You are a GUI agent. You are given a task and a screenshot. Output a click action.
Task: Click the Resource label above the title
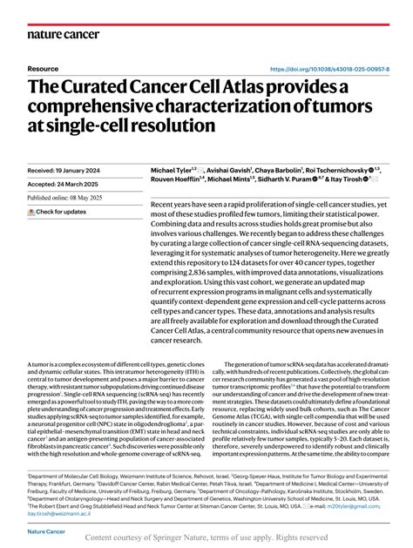(43, 68)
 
